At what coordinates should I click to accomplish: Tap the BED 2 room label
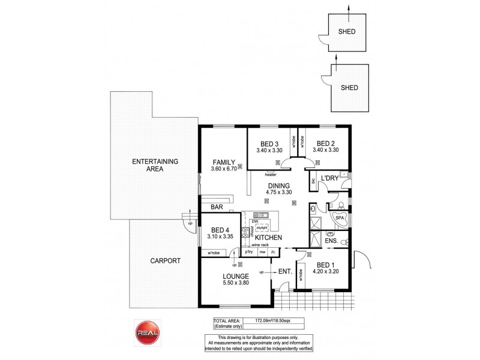(325, 143)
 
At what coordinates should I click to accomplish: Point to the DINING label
(280, 185)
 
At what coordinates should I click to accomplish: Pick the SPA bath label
(340, 218)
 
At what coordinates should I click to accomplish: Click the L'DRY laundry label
(329, 179)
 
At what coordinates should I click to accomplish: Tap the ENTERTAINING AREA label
(148, 165)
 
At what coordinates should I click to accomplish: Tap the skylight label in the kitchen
(261, 229)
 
